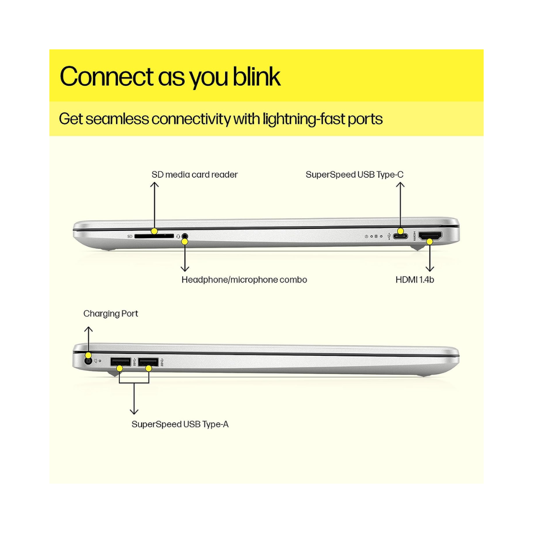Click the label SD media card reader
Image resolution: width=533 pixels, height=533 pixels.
pos(194,175)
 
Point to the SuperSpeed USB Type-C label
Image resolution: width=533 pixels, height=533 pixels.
pos(355,175)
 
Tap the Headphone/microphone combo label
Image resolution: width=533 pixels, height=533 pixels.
pos(244,280)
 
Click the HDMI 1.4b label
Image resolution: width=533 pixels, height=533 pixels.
pos(415,280)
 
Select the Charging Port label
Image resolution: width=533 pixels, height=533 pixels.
pos(111,314)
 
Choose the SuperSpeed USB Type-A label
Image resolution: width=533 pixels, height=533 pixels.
pos(180,424)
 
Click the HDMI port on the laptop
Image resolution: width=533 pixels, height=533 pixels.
pos(430,235)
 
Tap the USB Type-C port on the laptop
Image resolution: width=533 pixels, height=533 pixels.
pos(401,236)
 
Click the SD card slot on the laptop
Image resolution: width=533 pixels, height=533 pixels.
pos(154,236)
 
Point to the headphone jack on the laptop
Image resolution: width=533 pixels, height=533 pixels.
pos(185,237)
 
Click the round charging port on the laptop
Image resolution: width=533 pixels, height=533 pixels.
pos(89,361)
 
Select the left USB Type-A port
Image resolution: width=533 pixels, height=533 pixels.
pos(120,362)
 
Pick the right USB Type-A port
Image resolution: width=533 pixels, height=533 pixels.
pos(148,362)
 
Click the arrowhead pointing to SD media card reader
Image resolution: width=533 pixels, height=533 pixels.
pos(154,185)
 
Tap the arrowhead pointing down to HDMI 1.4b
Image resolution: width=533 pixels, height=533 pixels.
pos(430,269)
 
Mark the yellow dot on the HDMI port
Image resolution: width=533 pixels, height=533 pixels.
pos(430,241)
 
